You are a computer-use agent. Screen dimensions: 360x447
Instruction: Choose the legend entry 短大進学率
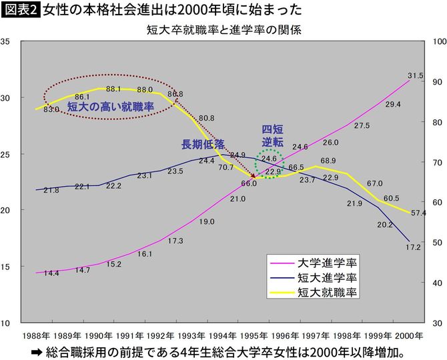tap(326, 277)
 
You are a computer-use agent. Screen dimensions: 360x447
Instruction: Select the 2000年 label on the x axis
tap(409, 334)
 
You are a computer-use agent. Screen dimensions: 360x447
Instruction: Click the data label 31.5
tap(415, 76)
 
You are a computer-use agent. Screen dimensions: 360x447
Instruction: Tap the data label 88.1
tap(113, 89)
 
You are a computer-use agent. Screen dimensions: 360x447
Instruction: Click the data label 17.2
tap(414, 247)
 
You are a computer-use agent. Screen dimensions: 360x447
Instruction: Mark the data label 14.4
tap(51, 273)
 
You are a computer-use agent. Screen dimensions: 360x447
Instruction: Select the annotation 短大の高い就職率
tap(111, 106)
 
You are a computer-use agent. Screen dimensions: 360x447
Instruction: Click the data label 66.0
tap(249, 183)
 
